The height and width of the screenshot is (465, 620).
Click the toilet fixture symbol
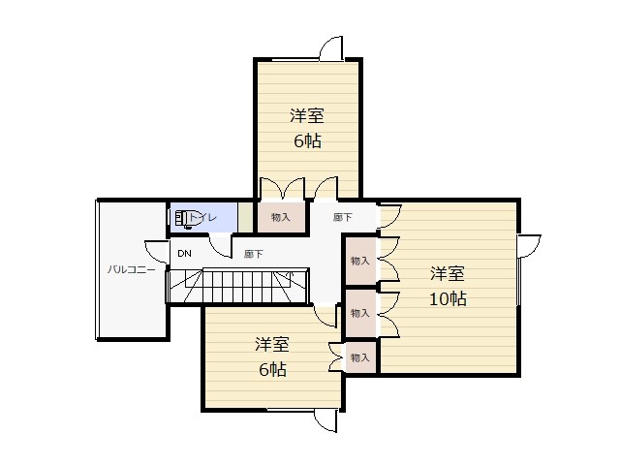(x=185, y=219)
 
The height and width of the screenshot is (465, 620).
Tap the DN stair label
(x=184, y=254)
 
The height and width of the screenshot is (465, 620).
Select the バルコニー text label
(x=131, y=270)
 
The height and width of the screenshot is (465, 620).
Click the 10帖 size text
(x=448, y=299)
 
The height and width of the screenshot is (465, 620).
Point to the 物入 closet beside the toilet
(x=281, y=217)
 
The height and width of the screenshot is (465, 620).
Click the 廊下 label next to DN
(x=254, y=254)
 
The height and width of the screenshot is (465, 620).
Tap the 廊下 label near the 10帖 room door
(x=342, y=217)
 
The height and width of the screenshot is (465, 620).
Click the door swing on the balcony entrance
(x=157, y=252)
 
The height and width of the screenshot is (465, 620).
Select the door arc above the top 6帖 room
(x=331, y=48)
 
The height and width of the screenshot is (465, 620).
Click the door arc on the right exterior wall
(x=530, y=246)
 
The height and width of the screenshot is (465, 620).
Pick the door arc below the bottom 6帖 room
(x=325, y=420)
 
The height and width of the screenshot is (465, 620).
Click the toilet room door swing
(x=220, y=246)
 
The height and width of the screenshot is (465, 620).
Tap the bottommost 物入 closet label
(x=359, y=357)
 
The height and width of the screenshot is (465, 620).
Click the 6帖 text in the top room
(x=307, y=140)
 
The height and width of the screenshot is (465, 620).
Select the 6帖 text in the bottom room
(x=272, y=369)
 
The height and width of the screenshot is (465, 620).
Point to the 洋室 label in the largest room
(x=448, y=273)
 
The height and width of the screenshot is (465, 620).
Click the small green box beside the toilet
(x=245, y=217)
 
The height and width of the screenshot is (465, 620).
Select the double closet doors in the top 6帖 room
(x=282, y=188)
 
